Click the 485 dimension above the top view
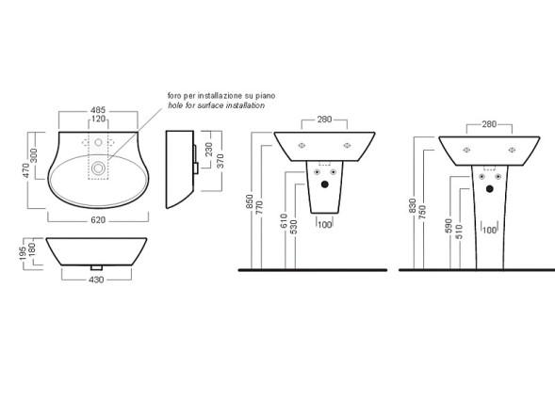click(98, 110)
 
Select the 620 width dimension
click(98, 220)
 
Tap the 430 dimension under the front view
click(96, 280)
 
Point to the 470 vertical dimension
click(25, 170)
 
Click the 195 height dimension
click(23, 254)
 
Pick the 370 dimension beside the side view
click(220, 161)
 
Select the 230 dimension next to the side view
click(209, 150)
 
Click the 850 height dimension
click(250, 201)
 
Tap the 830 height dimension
click(412, 206)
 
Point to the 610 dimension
click(284, 221)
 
